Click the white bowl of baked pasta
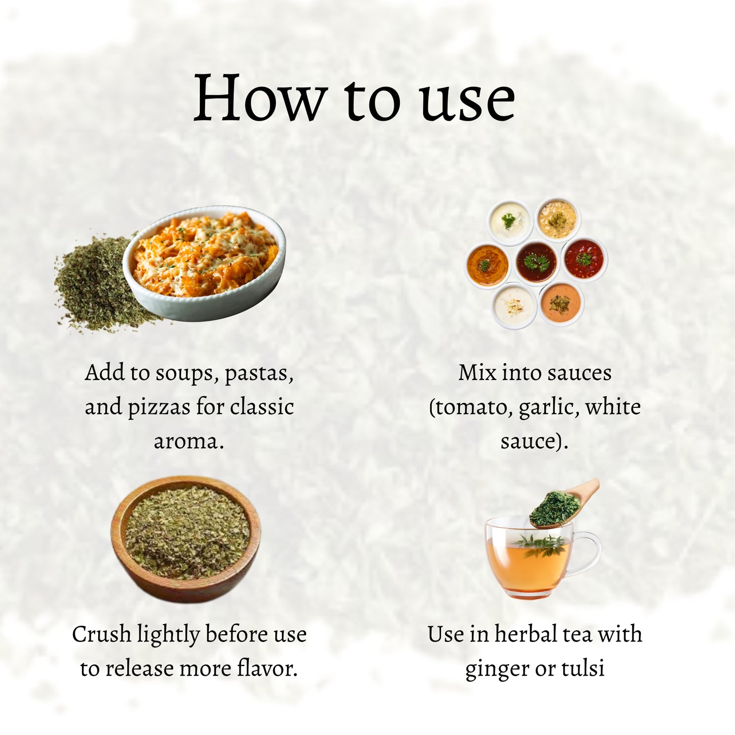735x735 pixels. coord(204,263)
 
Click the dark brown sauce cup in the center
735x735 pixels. coord(537,261)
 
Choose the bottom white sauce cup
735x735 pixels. coord(514,306)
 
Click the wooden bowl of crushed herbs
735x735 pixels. coord(186,539)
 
